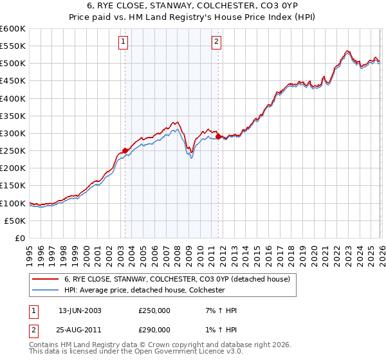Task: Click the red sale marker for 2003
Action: click(125, 151)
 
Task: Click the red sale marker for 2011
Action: click(218, 137)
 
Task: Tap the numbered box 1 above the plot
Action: click(123, 42)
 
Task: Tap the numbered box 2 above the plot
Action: click(217, 42)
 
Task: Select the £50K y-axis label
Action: click(15, 221)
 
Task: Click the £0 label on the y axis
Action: click(20, 239)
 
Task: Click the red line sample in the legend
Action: click(45, 280)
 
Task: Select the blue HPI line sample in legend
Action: click(45, 291)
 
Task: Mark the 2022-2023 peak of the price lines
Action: click(347, 51)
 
